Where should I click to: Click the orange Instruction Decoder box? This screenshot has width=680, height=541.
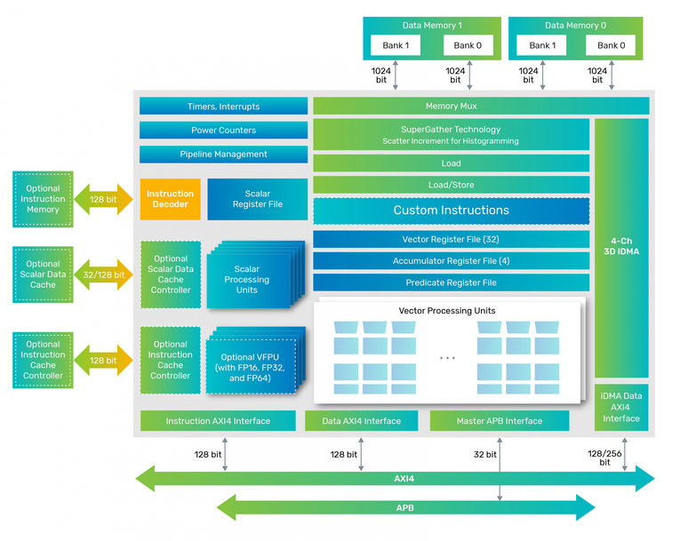170,199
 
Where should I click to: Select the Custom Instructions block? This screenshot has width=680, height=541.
451,211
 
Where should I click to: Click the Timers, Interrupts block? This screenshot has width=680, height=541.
223,106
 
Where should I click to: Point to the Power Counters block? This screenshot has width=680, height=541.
223,130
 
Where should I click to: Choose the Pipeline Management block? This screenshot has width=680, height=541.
223,154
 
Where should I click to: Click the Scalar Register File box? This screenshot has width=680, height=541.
257,199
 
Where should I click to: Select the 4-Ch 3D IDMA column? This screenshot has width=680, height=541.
621,247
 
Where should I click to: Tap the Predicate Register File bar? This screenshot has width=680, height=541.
451,282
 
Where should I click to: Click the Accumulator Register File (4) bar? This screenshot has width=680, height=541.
451,261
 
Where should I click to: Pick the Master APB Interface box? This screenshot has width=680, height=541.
499,421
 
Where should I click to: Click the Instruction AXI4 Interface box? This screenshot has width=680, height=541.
218,421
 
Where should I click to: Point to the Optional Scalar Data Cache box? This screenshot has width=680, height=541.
43,274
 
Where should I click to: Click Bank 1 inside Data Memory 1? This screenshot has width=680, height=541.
395,45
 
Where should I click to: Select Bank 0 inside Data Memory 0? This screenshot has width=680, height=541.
609,45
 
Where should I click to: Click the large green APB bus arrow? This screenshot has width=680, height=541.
404,508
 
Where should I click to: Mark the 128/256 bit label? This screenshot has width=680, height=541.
604,457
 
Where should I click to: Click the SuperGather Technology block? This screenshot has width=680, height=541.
451,135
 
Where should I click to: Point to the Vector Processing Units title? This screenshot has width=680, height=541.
447,310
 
